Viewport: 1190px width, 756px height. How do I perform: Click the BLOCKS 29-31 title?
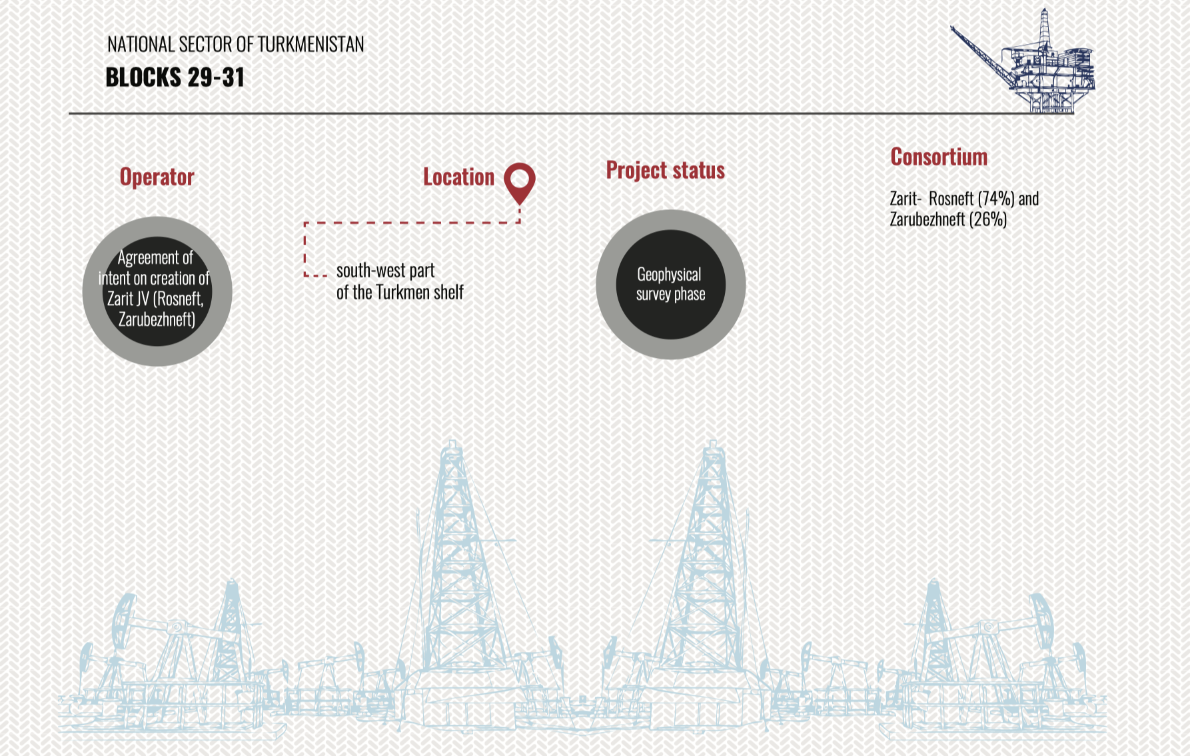(x=175, y=77)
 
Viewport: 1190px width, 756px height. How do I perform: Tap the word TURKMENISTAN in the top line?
(x=310, y=45)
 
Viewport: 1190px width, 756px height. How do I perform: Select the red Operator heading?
(x=157, y=177)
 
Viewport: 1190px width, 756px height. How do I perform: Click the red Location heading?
(x=459, y=177)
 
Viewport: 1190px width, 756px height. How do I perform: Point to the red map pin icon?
(x=520, y=183)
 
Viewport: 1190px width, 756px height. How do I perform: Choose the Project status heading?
(x=666, y=170)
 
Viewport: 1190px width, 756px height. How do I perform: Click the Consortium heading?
(x=939, y=157)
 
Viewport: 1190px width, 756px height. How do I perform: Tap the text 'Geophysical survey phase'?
(x=670, y=284)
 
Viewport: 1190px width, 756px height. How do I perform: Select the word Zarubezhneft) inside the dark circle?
(x=157, y=319)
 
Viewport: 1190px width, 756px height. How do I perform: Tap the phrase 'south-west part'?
(x=386, y=271)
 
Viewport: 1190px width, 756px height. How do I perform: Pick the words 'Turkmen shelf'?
(x=420, y=292)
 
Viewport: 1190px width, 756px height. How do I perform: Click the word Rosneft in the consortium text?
(x=951, y=199)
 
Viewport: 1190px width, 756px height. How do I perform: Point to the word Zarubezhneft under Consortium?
(x=927, y=219)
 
